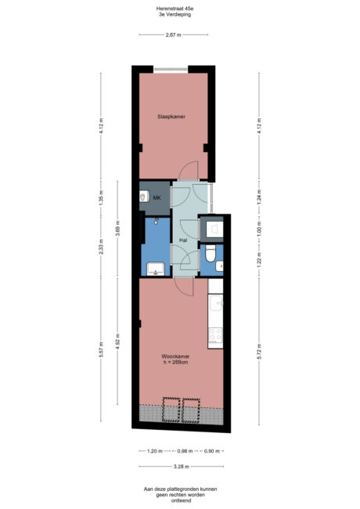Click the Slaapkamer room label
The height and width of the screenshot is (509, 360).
173,117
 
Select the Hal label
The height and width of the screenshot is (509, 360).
182,240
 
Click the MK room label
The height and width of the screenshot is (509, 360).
157,197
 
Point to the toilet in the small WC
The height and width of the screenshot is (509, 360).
210,254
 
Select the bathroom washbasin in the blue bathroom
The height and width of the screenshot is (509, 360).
155,270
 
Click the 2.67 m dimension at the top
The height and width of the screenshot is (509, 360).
173,34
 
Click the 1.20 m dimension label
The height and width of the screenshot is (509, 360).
154,451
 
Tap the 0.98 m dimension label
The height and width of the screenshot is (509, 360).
184,451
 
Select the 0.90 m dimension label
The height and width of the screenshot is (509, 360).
211,451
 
